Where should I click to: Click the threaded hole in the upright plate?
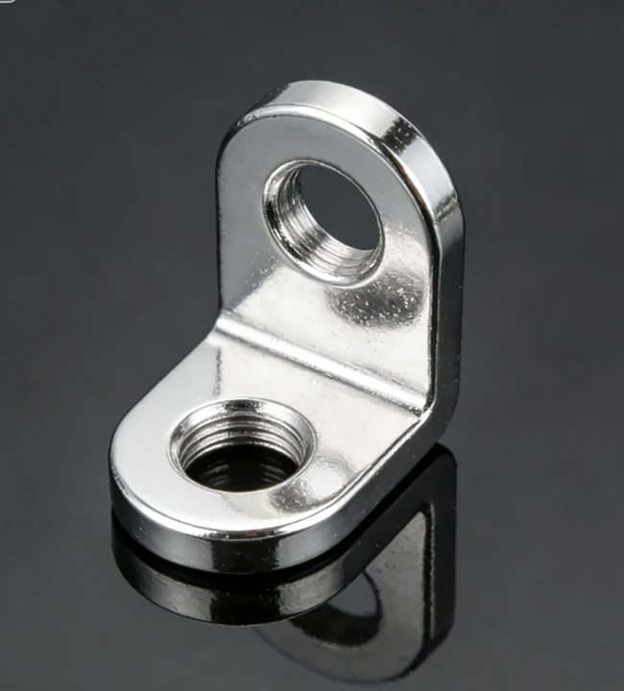point(324,220)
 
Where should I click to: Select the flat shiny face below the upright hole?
point(317,307)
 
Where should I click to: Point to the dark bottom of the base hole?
point(235,470)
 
